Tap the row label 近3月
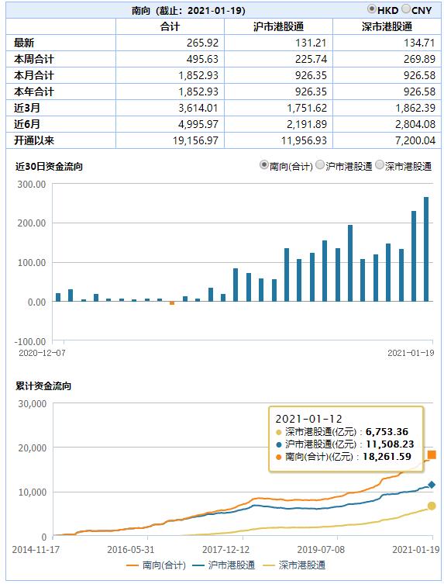(29, 108)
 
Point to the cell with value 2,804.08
(408, 124)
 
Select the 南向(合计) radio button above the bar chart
(264, 166)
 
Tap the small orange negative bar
(172, 303)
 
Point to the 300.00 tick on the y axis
(32, 184)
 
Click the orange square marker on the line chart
(432, 454)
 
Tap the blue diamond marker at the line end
(432, 485)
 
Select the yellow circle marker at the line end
(432, 506)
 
